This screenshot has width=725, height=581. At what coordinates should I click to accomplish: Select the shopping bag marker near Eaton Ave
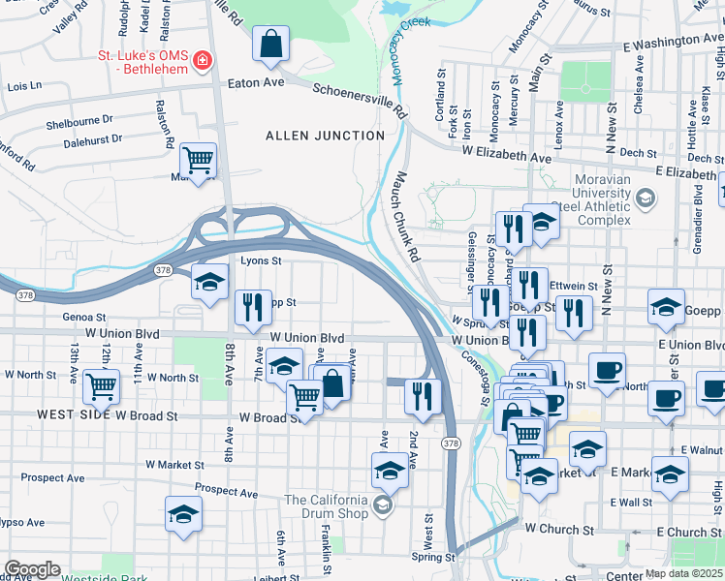271,45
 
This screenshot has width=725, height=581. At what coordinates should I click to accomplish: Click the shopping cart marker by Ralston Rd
198,160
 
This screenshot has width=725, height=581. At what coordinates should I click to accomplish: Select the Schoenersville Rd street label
361,100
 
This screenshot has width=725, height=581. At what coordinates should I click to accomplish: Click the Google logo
32,568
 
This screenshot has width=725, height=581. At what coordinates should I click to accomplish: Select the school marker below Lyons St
208,283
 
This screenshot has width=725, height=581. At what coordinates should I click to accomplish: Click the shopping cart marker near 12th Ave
101,387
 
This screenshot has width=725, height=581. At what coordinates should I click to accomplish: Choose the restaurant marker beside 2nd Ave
423,395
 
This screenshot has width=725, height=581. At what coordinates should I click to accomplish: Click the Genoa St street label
84,317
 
